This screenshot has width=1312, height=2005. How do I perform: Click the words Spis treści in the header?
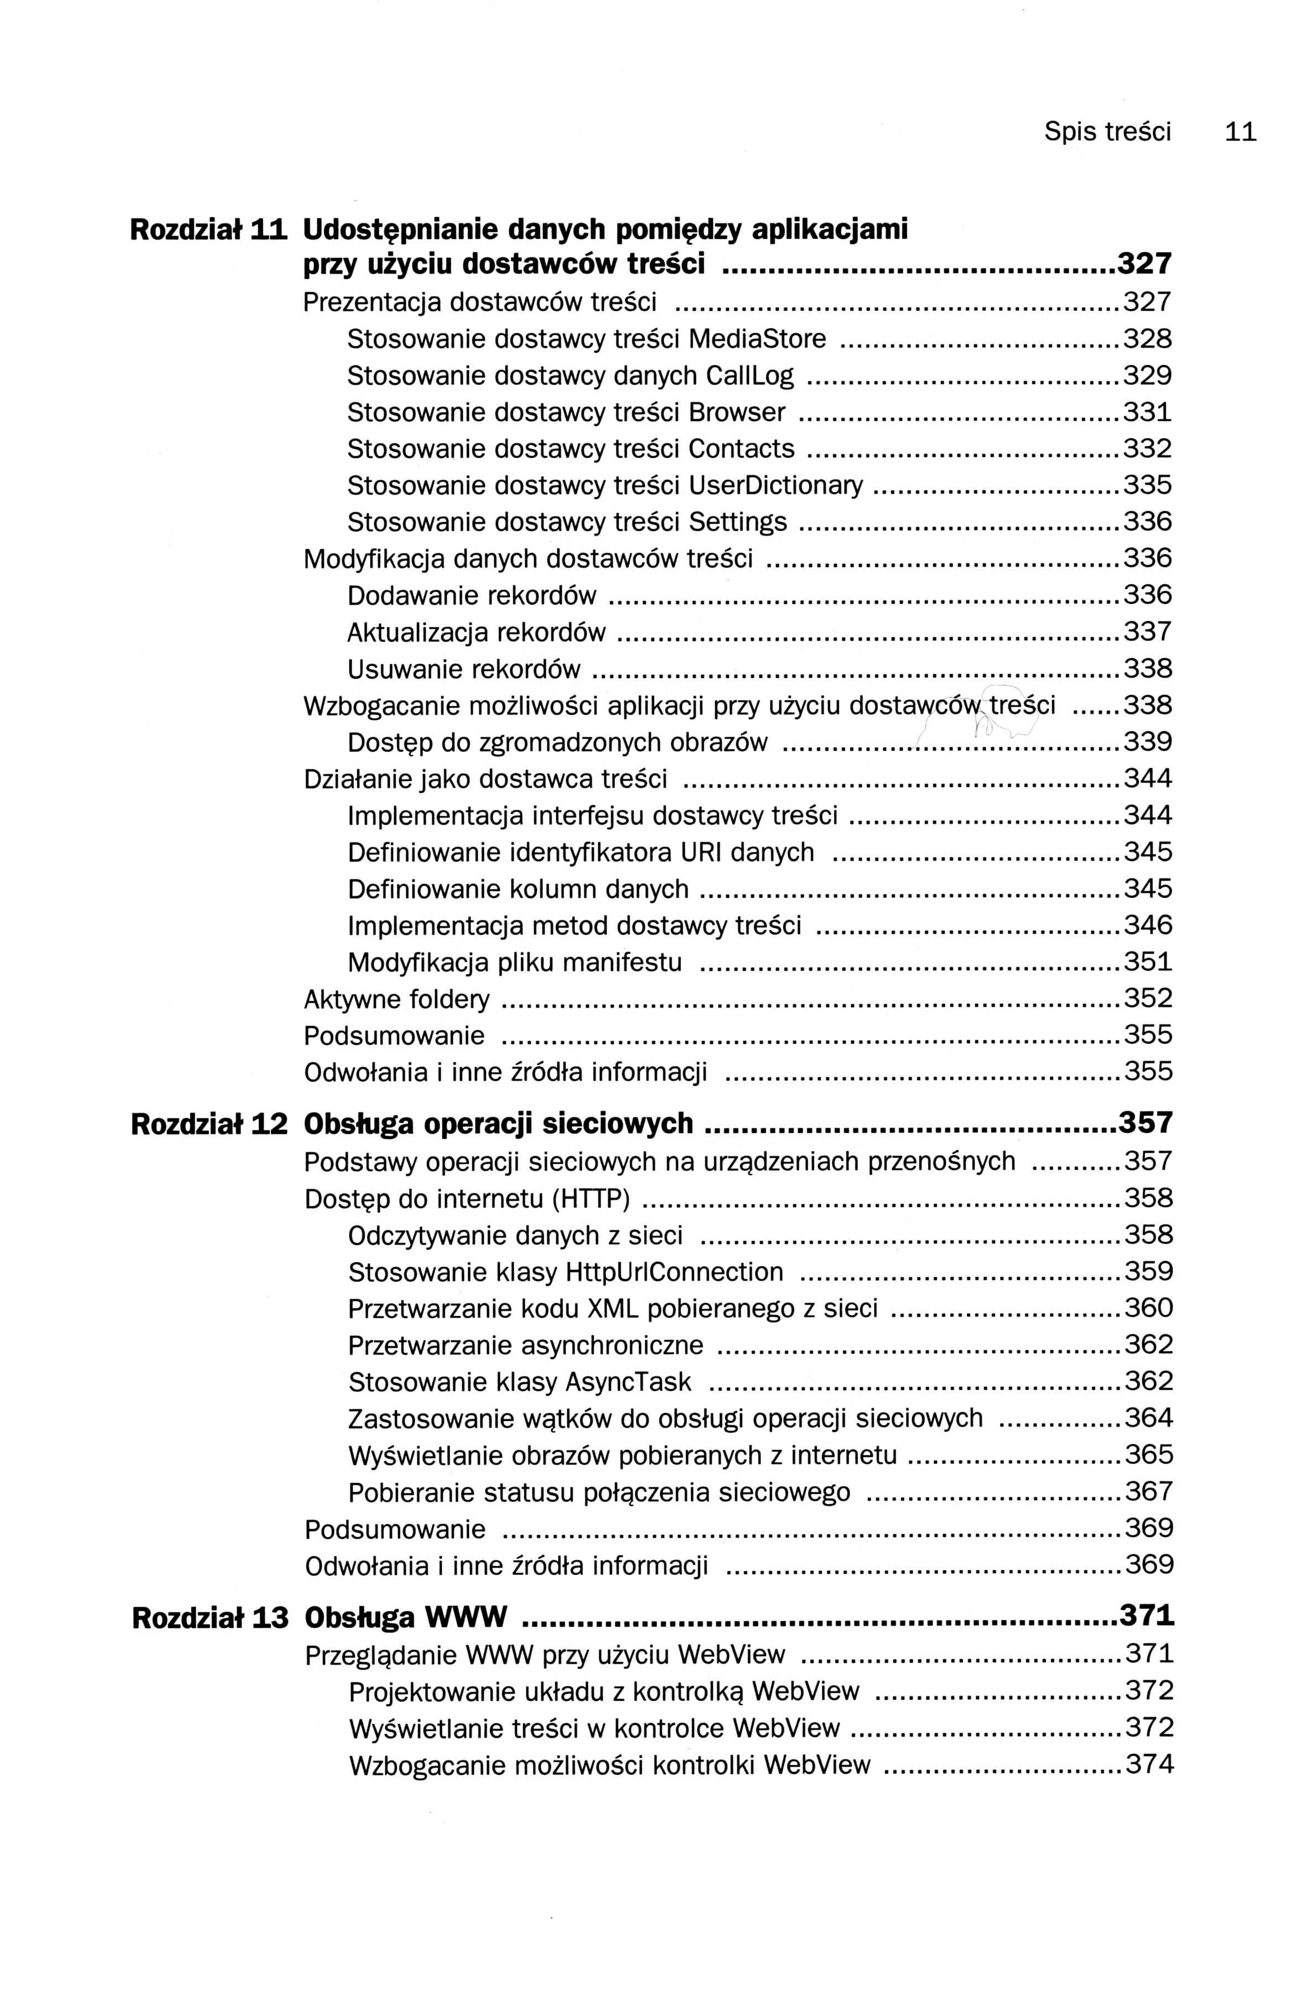(x=1107, y=132)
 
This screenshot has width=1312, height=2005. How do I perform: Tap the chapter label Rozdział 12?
(x=210, y=1124)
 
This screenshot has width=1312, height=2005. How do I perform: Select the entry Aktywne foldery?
(x=396, y=1000)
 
